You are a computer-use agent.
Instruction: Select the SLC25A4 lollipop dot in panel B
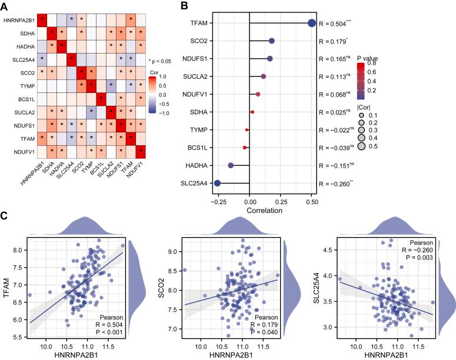click(217, 183)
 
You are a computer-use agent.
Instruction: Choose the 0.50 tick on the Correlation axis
click(312, 199)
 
